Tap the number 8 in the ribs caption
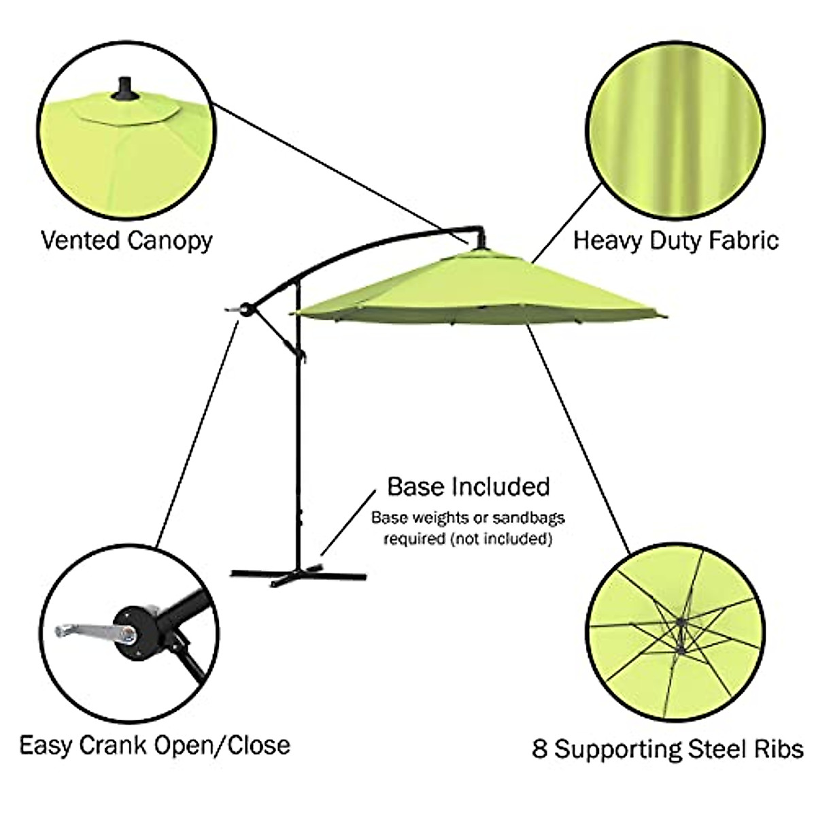pyautogui.click(x=541, y=749)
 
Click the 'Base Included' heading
pyautogui.click(x=469, y=487)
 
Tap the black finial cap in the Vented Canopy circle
pyautogui.click(x=124, y=89)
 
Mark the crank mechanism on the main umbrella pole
pyautogui.click(x=246, y=309)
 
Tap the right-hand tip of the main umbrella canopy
pyautogui.click(x=665, y=314)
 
